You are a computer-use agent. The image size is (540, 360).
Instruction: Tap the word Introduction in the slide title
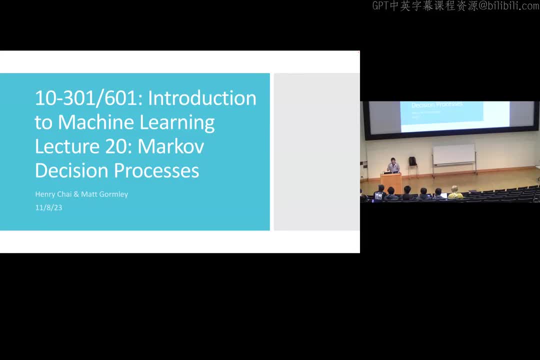[x=202, y=98]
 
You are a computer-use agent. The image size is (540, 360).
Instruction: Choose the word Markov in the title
[x=170, y=146]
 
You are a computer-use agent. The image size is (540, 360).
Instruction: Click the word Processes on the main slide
[x=157, y=170]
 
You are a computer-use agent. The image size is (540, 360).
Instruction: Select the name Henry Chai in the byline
[x=53, y=194]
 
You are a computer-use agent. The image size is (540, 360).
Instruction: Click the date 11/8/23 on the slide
[x=48, y=207]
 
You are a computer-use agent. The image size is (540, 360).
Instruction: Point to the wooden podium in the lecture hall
[x=390, y=182]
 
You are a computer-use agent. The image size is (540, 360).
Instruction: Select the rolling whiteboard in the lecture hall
[x=453, y=155]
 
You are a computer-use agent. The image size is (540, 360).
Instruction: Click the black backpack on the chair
[x=412, y=161]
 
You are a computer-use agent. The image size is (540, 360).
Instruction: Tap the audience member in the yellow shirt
[x=455, y=193]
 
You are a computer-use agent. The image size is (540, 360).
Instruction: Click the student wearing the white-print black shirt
[x=379, y=193]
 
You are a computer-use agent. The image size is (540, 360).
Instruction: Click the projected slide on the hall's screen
[x=441, y=116]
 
